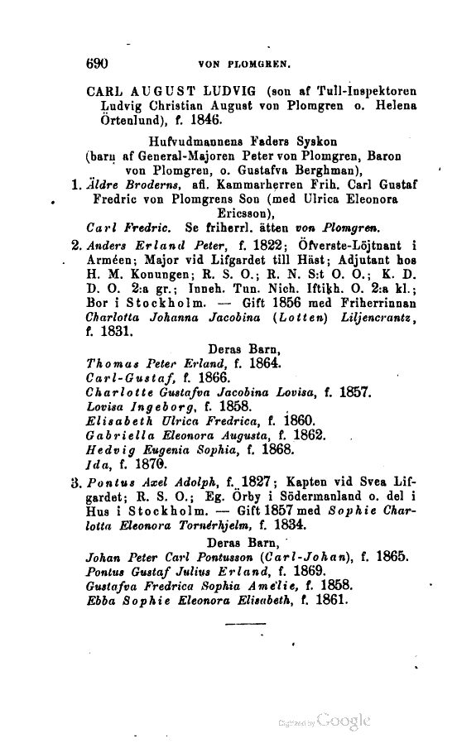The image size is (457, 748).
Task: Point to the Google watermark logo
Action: [344, 719]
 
